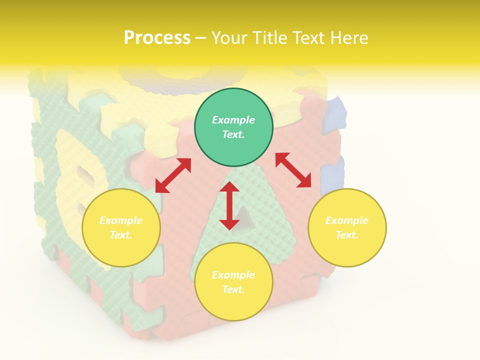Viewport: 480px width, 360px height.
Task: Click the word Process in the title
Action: click(157, 38)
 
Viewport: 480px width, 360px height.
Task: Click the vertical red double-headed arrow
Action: click(229, 205)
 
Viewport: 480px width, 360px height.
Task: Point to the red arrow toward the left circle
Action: click(173, 175)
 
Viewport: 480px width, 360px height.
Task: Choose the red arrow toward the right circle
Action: click(293, 170)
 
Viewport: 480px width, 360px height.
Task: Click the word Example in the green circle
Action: click(233, 120)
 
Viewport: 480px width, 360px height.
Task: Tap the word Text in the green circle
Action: click(233, 134)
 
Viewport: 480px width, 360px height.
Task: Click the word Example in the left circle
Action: click(121, 220)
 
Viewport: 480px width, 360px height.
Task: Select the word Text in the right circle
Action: click(346, 235)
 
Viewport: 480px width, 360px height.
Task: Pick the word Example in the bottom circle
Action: click(233, 275)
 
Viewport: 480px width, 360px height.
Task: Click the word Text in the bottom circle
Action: click(233, 289)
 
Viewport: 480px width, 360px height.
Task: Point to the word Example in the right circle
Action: click(347, 220)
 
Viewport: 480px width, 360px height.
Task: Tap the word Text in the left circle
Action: click(120, 235)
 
